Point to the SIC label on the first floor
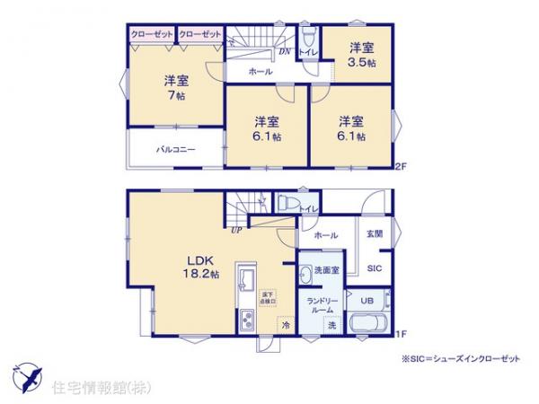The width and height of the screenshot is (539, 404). (373, 268)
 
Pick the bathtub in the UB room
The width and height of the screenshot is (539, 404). (367, 324)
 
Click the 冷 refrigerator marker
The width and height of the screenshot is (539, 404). (285, 325)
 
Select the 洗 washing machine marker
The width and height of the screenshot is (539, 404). (331, 323)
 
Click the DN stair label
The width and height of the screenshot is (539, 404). (284, 52)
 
